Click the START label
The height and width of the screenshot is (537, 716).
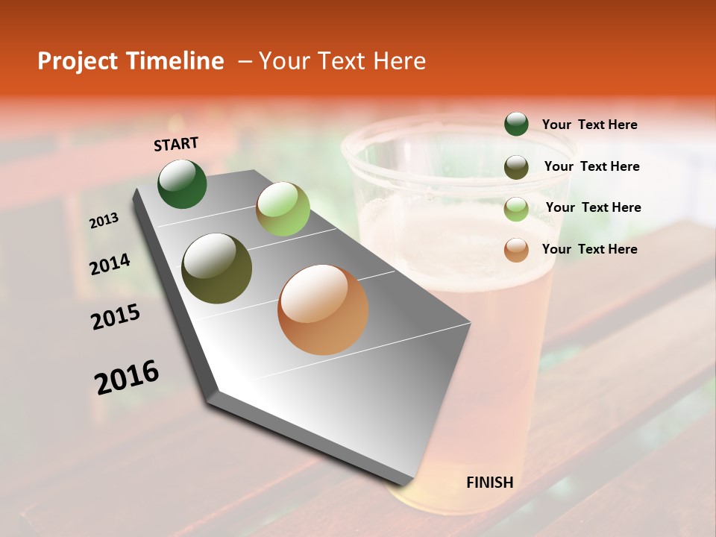click(176, 144)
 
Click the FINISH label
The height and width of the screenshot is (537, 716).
click(490, 483)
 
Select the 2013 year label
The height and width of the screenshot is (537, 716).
click(104, 221)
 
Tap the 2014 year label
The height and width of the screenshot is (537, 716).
click(110, 264)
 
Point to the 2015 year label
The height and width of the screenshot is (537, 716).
click(116, 317)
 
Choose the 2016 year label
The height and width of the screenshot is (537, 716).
click(127, 377)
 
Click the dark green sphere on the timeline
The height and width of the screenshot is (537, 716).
click(183, 184)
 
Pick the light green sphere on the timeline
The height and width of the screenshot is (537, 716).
click(283, 209)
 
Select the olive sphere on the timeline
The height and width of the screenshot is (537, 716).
click(217, 268)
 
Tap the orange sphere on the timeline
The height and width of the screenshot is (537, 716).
click(323, 310)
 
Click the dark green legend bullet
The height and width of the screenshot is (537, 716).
click(516, 125)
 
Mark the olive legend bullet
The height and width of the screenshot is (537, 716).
click(516, 167)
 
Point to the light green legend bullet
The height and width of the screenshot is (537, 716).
click(516, 209)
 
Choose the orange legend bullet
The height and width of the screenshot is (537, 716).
click(516, 250)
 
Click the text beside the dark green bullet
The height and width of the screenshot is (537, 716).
click(589, 125)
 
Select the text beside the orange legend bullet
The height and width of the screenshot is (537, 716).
click(589, 249)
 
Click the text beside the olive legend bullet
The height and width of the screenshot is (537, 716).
click(591, 166)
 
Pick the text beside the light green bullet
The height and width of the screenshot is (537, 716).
click(593, 207)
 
